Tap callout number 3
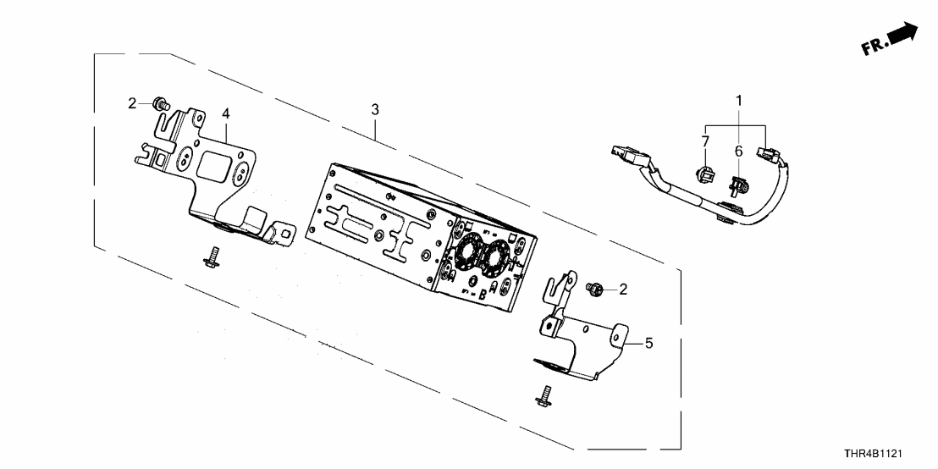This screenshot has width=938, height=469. point(374,110)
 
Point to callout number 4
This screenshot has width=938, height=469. point(226,113)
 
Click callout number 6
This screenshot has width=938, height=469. point(738,151)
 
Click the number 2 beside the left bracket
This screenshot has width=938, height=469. point(132,103)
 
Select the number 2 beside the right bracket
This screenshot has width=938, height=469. point(623,290)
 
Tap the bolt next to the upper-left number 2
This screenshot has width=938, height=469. point(159,104)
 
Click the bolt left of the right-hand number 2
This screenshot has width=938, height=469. point(595,290)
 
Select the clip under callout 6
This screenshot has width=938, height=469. point(737,183)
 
